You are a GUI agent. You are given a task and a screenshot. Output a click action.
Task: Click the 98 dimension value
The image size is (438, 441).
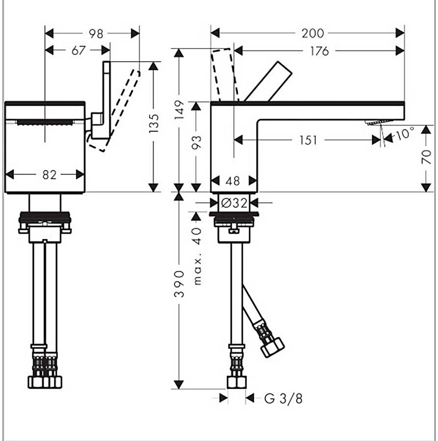[x=96, y=33]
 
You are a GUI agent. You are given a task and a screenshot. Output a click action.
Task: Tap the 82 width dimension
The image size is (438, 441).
[x=49, y=174]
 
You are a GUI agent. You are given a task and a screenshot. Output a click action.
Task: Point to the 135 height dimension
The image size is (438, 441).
[x=154, y=124]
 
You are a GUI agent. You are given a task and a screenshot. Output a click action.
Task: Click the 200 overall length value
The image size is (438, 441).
[x=312, y=33]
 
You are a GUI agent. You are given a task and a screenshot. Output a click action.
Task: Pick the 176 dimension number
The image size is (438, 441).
[x=319, y=50]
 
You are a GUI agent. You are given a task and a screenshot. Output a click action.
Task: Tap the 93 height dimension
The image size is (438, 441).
[x=196, y=143]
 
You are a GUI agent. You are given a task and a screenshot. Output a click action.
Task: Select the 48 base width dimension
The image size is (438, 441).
[x=233, y=181]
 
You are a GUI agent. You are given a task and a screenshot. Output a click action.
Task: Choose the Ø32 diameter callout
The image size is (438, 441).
[x=233, y=202]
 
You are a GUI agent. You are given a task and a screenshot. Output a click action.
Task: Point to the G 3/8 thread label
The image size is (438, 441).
[x=283, y=398]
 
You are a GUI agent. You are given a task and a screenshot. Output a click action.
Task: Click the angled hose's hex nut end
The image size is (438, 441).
[x=272, y=346]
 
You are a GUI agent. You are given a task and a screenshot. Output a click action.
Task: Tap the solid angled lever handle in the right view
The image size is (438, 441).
[x=268, y=81]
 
